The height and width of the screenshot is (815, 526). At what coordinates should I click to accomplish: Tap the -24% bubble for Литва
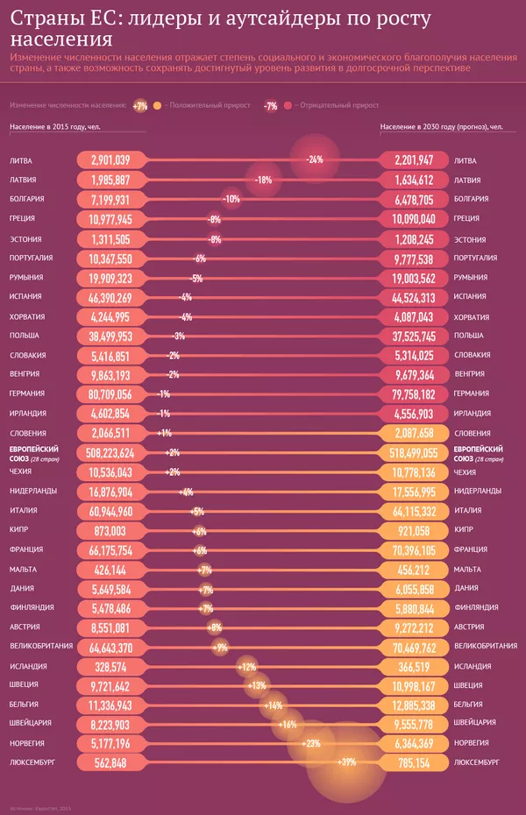[315, 160]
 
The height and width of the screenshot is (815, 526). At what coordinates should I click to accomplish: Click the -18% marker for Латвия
[263, 180]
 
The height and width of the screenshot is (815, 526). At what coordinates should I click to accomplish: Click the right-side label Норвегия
[473, 743]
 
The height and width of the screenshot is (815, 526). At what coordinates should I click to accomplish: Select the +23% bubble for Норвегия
[311, 743]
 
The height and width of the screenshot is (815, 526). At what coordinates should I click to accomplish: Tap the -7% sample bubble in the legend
[271, 106]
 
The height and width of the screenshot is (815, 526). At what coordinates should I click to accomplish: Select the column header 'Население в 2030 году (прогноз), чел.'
[441, 127]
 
